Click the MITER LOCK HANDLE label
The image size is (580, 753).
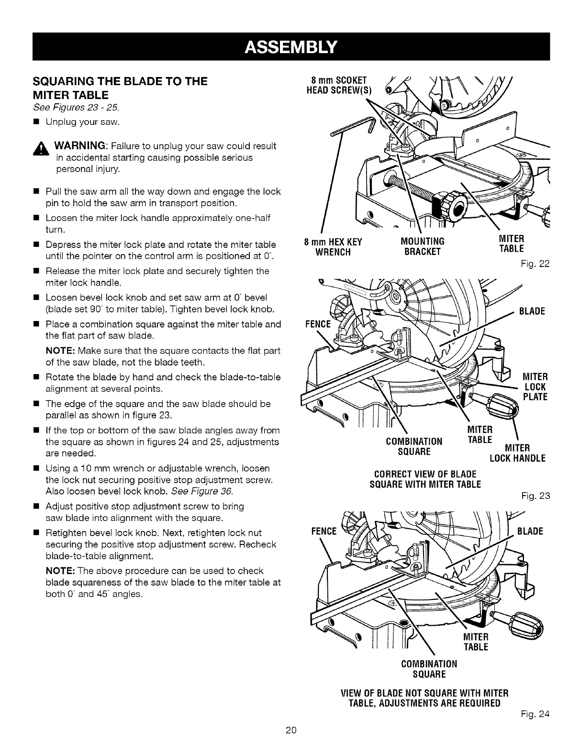517,454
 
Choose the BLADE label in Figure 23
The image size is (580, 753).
532,312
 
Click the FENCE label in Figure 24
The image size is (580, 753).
324,531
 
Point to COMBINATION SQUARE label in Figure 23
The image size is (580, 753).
414,446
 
